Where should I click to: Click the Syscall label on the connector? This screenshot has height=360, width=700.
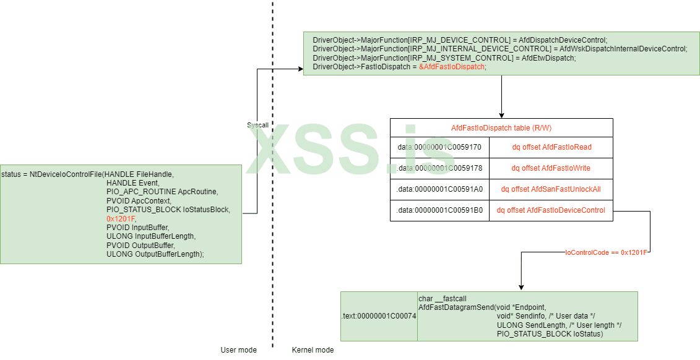[x=257, y=125]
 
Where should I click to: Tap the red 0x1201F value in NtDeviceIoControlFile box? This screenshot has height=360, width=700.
[x=121, y=219]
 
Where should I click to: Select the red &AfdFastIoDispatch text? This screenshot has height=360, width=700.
[x=452, y=67]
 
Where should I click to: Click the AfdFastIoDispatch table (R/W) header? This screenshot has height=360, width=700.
[x=501, y=128]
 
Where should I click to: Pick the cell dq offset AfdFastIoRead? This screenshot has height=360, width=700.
[x=551, y=147]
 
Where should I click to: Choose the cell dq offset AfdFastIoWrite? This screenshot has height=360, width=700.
[x=551, y=168]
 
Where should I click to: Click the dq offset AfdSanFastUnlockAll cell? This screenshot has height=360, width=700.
[x=551, y=189]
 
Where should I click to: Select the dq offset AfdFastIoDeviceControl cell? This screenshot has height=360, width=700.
[x=551, y=210]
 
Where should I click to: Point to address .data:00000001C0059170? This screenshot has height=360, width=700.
[x=439, y=147]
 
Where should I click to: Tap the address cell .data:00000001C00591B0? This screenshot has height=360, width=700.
[x=439, y=210]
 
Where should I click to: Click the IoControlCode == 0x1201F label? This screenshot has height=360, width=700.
[x=606, y=253]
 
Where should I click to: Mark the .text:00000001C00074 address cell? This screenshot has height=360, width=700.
[x=379, y=316]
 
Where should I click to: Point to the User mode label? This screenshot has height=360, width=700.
[x=238, y=350]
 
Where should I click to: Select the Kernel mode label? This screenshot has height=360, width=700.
[x=313, y=350]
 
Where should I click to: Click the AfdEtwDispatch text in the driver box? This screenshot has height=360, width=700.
[x=548, y=58]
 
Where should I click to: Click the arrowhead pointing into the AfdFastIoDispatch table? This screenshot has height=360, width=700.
[x=501, y=115]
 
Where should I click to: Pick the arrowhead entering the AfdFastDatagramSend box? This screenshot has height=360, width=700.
[x=521, y=288]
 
